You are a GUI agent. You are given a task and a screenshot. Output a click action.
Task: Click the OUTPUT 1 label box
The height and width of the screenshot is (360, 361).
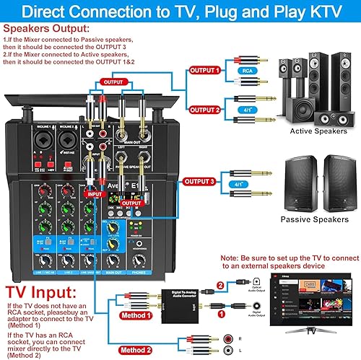tap(205, 70)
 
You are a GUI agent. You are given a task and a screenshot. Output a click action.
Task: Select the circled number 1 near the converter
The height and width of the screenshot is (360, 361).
tap(222, 294)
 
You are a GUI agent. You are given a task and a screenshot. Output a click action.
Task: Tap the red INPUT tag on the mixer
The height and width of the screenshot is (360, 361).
tap(94, 193)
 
